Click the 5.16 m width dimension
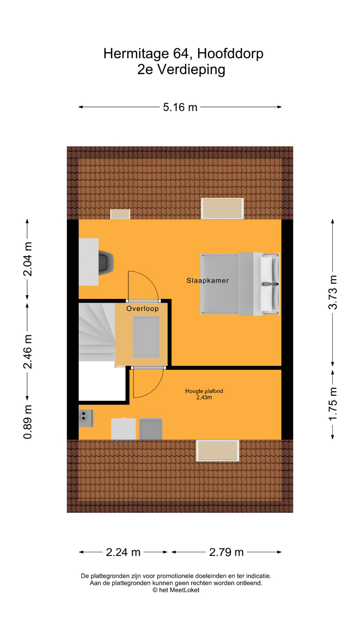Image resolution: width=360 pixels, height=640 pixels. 180,107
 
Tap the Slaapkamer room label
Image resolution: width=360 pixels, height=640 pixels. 207,281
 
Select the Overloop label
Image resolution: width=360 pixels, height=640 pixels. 142,309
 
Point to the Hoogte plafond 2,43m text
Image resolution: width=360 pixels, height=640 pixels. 204,394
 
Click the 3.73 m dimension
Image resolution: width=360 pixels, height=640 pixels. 333,292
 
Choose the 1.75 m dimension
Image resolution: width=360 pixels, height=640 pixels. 333,404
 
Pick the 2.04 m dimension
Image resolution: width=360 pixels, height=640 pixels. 28,259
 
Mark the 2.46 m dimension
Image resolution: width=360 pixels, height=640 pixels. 28,352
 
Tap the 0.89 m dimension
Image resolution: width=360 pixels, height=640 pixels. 28,422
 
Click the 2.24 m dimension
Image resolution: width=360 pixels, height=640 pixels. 123,552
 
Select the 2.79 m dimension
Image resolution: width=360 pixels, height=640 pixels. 226,552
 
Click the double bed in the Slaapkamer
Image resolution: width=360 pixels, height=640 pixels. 239,284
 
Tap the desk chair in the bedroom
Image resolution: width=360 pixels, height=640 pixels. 106,262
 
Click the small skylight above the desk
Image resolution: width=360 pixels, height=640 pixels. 120,214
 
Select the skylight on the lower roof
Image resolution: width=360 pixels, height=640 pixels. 218,450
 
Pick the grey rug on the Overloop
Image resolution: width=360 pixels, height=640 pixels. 146,337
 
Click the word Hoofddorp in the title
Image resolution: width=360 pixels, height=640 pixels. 230,54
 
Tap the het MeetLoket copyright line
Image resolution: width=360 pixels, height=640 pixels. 176,590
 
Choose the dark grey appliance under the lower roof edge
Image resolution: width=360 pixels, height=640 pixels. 151,429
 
